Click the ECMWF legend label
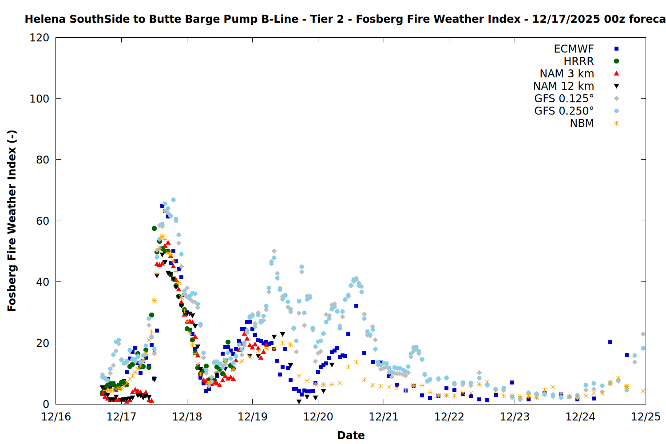point(574,49)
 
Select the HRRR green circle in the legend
point(616,61)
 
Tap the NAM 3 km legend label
point(567,74)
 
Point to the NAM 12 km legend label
point(563,86)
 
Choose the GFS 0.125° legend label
point(564,99)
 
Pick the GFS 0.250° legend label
point(564,111)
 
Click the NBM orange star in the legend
point(616,123)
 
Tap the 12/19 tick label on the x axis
point(253,417)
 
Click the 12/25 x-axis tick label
point(646,417)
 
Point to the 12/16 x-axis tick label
point(56,417)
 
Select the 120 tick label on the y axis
point(40,38)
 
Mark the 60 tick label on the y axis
point(43,221)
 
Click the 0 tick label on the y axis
point(46,404)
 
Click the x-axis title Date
point(351,435)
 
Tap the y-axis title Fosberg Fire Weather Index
point(12,221)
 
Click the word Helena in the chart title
point(45,19)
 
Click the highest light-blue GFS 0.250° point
point(173,200)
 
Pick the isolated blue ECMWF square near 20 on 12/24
point(610,342)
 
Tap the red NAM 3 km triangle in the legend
point(616,74)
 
